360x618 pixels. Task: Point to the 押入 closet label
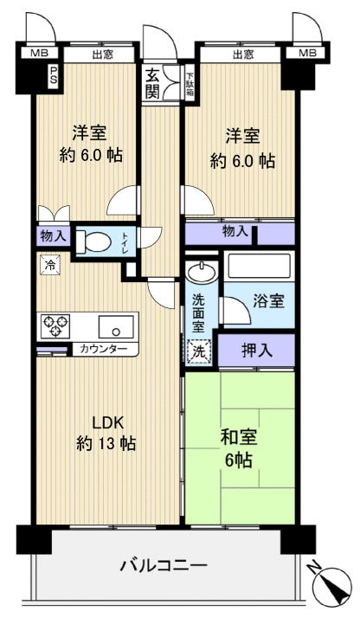(255, 351)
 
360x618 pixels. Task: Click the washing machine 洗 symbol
(199, 352)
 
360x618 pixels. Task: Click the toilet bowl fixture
(96, 244)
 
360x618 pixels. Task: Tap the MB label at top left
(40, 54)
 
